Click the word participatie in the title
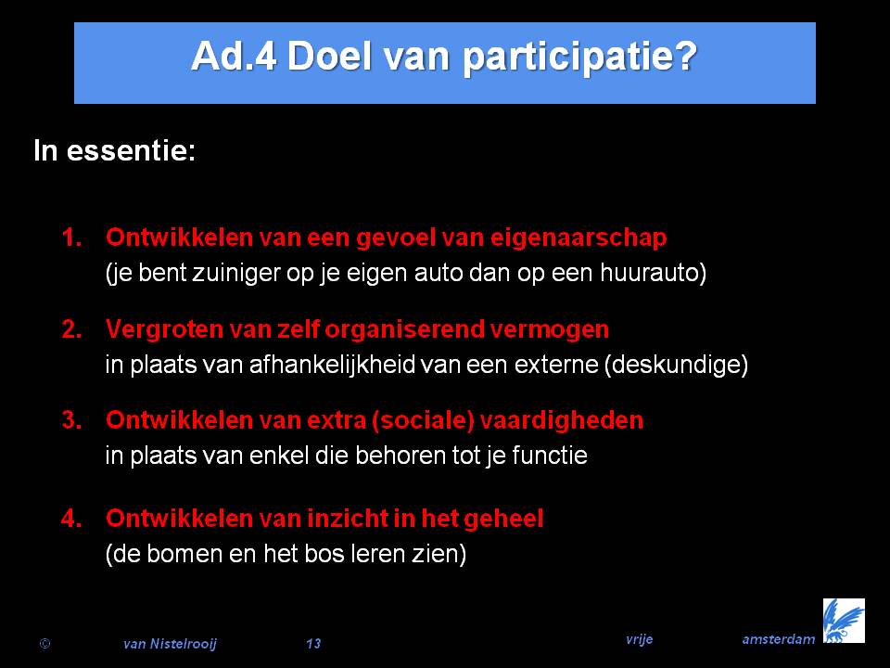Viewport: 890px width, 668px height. point(579,58)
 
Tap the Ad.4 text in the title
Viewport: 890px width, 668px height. point(234,56)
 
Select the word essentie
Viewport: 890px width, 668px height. point(131,150)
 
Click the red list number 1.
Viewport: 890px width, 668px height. point(71,238)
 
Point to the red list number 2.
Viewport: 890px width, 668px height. point(71,328)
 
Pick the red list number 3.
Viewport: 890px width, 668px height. point(71,420)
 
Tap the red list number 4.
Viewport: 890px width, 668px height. point(71,518)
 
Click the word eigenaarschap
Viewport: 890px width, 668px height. point(578,238)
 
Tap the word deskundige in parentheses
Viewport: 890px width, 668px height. point(676,365)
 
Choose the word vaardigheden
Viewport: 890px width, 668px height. point(562,421)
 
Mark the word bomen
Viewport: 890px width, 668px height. point(184,553)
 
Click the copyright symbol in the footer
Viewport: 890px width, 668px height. point(44,644)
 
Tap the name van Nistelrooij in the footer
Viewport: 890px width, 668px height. point(170,644)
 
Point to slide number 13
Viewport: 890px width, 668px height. point(313,644)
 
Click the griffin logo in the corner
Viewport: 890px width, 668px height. point(844,621)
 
